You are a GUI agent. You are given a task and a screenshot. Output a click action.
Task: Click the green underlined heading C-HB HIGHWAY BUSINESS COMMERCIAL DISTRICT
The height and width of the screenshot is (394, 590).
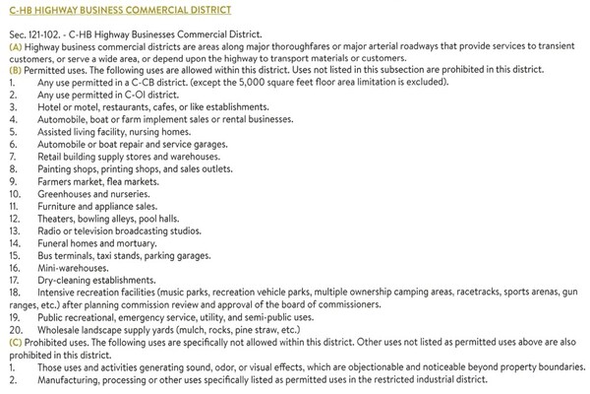[x=120, y=10]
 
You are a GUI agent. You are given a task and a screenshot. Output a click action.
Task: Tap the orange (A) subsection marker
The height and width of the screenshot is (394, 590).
[x=15, y=47]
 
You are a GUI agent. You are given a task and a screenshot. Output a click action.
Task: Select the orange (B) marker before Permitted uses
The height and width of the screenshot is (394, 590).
[x=15, y=71]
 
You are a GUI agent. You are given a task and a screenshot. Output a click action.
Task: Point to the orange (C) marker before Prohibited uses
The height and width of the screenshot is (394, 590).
[x=15, y=332]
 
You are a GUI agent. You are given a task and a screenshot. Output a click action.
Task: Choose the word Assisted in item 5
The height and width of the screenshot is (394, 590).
[x=56, y=130]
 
